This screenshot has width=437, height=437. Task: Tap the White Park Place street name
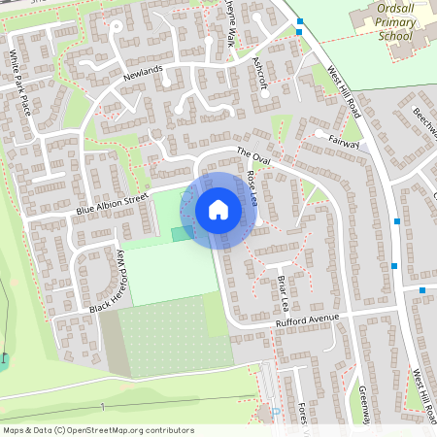[x=21, y=82]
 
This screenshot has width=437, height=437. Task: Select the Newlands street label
[x=143, y=74]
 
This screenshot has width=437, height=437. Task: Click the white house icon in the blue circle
[x=218, y=210]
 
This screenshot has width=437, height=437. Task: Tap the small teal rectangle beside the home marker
[x=182, y=233]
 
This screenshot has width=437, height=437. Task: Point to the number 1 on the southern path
[x=101, y=406]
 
